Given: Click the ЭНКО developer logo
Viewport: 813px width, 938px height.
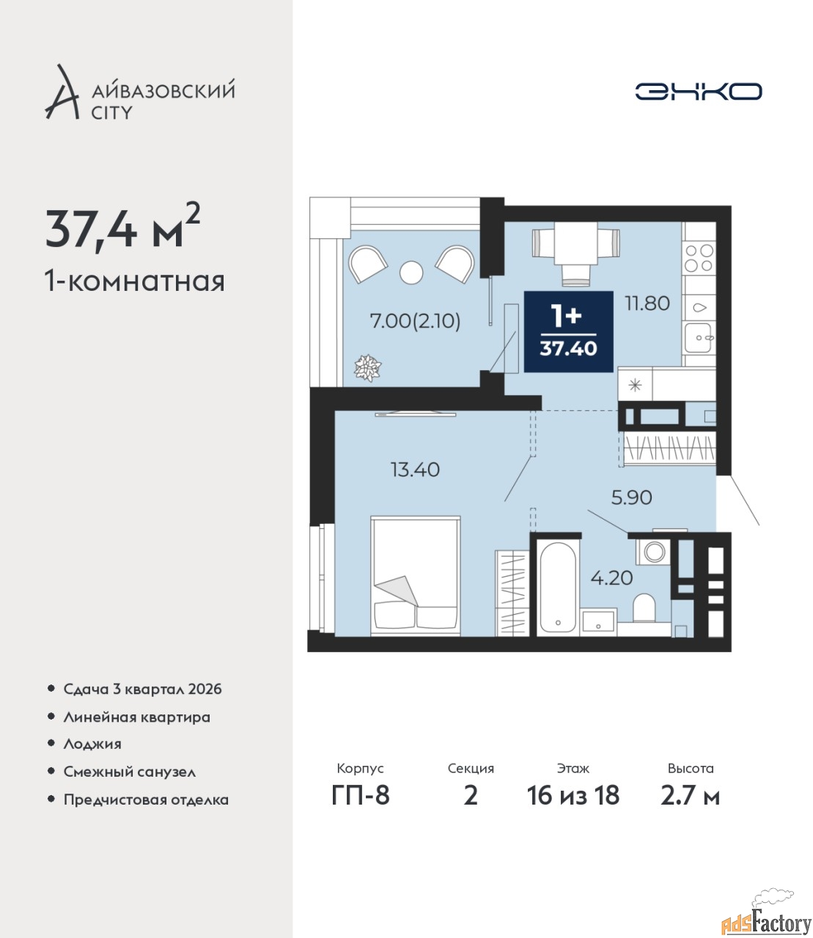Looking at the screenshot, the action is tap(698, 91).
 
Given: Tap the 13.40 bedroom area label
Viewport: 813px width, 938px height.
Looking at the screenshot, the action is tap(415, 470).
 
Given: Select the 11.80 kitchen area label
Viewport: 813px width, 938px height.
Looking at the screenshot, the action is tap(647, 303).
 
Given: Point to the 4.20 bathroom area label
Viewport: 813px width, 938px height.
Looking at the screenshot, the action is tap(611, 577).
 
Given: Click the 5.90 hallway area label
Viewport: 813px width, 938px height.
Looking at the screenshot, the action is tap(631, 498).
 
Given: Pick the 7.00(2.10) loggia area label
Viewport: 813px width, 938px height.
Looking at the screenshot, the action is tap(416, 321).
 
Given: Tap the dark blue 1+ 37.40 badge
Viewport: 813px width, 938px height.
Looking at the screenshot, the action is tap(568, 332).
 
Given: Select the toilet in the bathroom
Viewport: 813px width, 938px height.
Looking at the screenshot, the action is tap(644, 608).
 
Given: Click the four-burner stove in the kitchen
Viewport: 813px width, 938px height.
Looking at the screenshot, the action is tap(699, 258).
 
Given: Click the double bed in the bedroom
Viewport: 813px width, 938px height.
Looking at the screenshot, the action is tap(416, 575).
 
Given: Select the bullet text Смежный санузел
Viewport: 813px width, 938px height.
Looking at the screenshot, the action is tap(129, 772).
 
